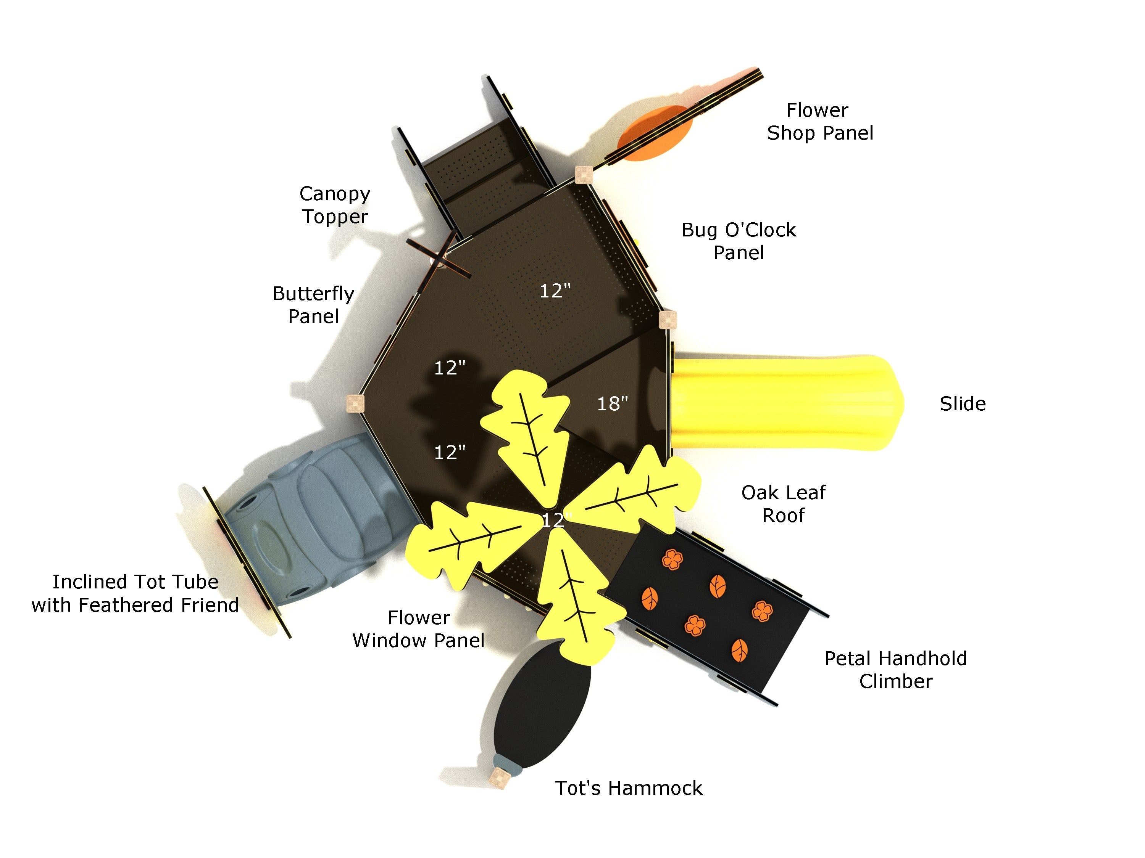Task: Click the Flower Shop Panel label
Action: pyautogui.click(x=820, y=122)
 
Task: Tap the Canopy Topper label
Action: pyautogui.click(x=335, y=205)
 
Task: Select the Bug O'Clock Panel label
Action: pyautogui.click(x=739, y=241)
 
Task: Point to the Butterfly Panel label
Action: pyautogui.click(x=313, y=305)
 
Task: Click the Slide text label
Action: pyautogui.click(x=962, y=404)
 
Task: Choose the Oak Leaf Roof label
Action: pyautogui.click(x=783, y=504)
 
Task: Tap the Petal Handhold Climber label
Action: pyautogui.click(x=895, y=670)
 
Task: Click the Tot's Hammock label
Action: pyautogui.click(x=628, y=788)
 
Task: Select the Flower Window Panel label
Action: pyautogui.click(x=418, y=629)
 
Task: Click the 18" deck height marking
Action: pyautogui.click(x=612, y=404)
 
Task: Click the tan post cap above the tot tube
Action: pyautogui.click(x=355, y=403)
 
